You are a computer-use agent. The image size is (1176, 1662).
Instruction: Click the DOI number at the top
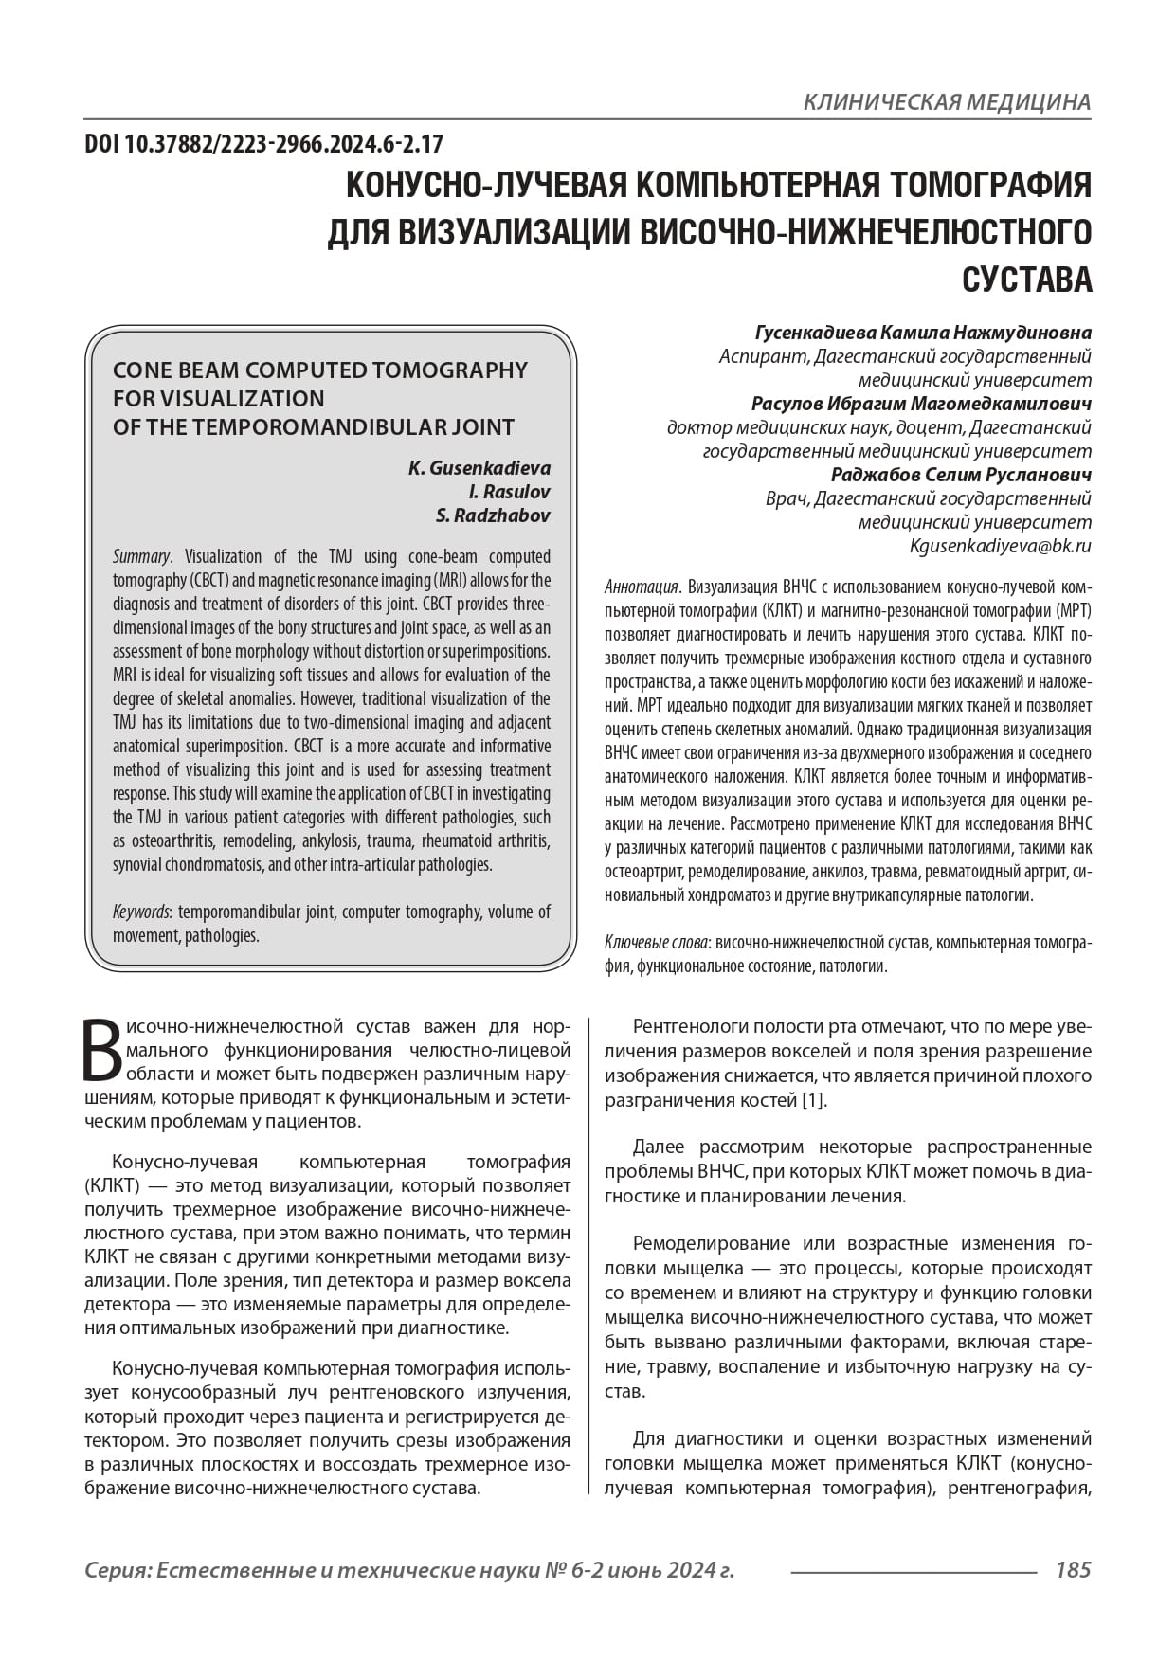coord(263,145)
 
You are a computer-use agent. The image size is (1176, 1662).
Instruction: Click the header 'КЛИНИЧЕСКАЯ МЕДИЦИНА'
coord(946,102)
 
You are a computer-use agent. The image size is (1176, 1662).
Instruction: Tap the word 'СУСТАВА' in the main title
coord(1026,280)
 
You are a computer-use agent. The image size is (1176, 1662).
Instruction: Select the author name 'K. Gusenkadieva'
coord(479,468)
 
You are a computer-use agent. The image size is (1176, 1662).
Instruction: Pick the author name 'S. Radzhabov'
coord(492,515)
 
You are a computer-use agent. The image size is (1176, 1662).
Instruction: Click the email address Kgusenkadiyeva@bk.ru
coord(1000,546)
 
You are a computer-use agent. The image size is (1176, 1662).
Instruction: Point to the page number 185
coord(1073,1569)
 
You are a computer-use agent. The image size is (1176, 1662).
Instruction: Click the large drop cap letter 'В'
coord(102,1050)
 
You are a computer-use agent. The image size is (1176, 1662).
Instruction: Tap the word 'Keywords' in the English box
coord(141,912)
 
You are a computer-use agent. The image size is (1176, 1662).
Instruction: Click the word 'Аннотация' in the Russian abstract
coord(642,587)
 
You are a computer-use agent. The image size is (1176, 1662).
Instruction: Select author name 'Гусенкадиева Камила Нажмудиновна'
coord(922,333)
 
